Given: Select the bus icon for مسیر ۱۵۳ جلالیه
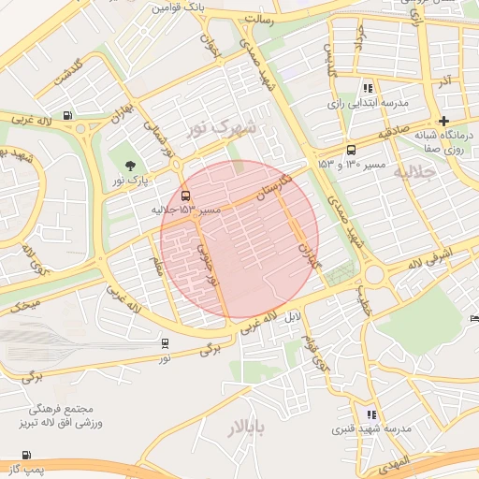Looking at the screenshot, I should click(x=185, y=196).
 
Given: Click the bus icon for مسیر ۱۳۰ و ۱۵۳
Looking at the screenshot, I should click(x=351, y=149).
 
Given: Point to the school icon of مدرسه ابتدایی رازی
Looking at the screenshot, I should click(x=369, y=86).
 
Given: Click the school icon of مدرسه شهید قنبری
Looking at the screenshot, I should click(x=372, y=414).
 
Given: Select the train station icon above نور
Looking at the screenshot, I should click(x=165, y=342).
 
